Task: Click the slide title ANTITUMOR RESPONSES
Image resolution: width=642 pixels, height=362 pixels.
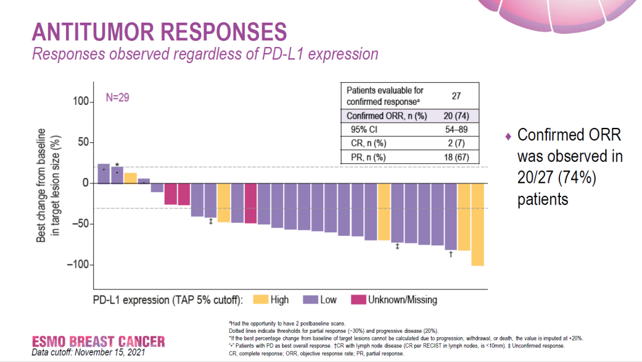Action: pyautogui.click(x=159, y=31)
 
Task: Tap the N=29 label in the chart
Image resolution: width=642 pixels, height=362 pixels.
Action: pyautogui.click(x=118, y=97)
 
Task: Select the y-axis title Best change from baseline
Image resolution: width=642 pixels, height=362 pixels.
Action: pyautogui.click(x=42, y=185)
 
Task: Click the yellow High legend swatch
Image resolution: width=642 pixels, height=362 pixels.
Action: pyautogui.click(x=260, y=299)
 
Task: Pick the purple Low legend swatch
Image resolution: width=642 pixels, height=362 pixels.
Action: pyautogui.click(x=311, y=299)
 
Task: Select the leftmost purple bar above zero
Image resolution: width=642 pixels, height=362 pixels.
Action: pyautogui.click(x=103, y=173)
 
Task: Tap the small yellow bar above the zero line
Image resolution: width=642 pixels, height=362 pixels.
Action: pyautogui.click(x=130, y=178)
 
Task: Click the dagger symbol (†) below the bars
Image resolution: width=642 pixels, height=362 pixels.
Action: pyautogui.click(x=451, y=255)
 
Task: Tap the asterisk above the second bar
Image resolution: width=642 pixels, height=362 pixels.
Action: pyautogui.click(x=117, y=165)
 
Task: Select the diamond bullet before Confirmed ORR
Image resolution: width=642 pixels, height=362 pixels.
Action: pyautogui.click(x=508, y=136)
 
